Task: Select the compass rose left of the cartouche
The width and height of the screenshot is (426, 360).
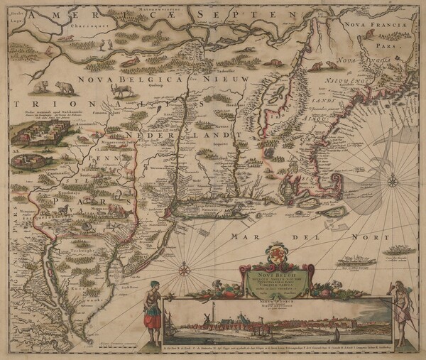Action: (185, 269)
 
